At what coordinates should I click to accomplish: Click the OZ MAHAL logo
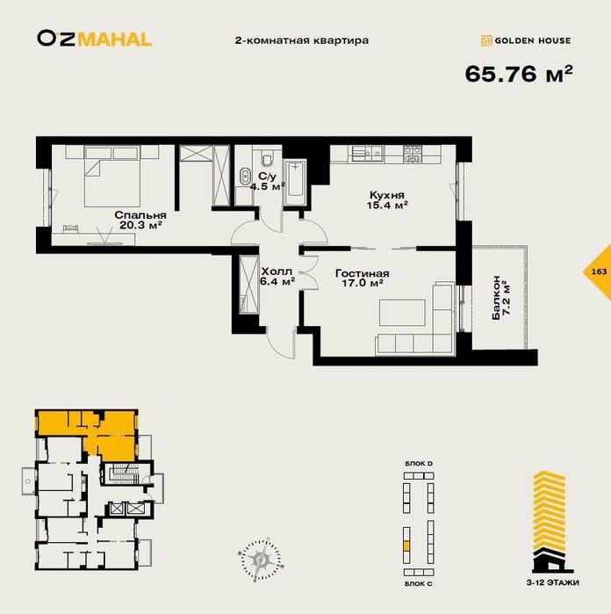tap(95, 40)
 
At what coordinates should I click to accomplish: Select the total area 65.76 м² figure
tap(519, 73)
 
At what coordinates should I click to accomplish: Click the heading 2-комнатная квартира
tap(301, 40)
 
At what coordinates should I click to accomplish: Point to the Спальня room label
tap(140, 215)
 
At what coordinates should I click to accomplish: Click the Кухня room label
tap(387, 195)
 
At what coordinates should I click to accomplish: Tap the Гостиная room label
tap(362, 273)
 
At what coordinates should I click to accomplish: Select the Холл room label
tap(277, 271)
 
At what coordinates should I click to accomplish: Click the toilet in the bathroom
tap(268, 159)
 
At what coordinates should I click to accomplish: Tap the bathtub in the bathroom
tap(295, 182)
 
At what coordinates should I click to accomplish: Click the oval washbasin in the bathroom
tap(246, 177)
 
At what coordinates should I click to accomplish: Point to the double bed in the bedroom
tap(112, 177)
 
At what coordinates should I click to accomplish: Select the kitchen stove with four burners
tap(413, 154)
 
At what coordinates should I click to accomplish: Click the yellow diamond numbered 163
tap(598, 271)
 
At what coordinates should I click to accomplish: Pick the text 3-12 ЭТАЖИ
tap(553, 582)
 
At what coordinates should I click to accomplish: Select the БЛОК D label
tap(419, 464)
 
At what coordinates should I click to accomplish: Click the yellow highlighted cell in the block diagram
tap(406, 545)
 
